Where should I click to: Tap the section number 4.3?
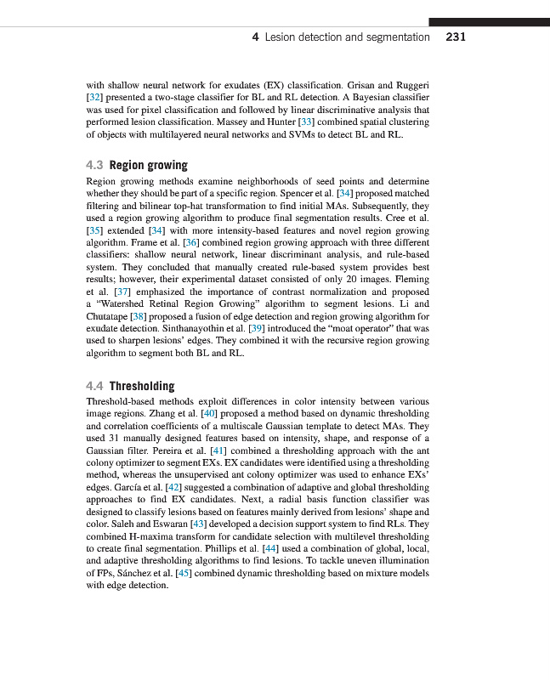coord(95,165)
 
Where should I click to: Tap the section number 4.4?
coord(95,386)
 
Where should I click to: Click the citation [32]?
coord(94,98)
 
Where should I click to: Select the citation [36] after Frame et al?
coord(191,242)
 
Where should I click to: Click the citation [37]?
coord(122,292)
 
